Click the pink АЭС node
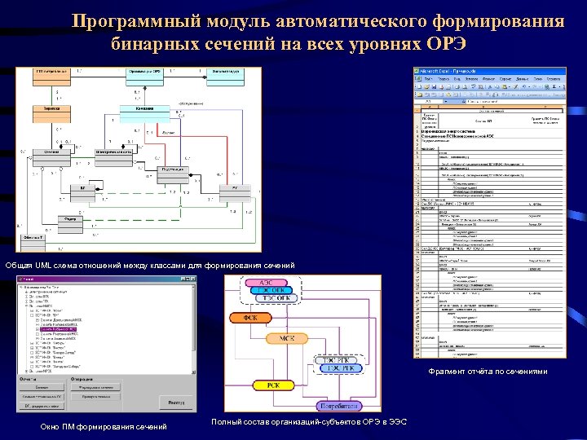point(266,283)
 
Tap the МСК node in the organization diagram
point(287,337)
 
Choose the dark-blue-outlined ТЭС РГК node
point(343,368)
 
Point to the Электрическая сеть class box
point(114,152)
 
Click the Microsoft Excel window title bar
point(489,72)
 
